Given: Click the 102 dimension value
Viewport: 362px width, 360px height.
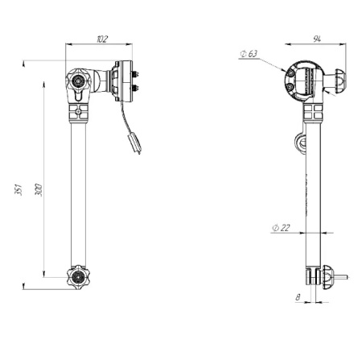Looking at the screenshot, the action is tap(102, 39).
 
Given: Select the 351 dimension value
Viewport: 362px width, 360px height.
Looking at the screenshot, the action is tap(19, 189).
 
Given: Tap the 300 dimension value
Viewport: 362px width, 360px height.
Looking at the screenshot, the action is tap(39, 190).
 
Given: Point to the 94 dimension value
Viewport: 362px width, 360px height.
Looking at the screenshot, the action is tap(317, 39).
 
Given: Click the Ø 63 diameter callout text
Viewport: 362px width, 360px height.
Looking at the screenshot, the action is tap(249, 54).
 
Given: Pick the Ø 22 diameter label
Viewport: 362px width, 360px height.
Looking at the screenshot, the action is tap(281, 228).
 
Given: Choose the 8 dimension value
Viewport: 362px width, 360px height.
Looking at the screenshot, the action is tap(298, 297).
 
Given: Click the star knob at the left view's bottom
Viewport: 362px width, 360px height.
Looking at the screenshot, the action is tap(78, 277).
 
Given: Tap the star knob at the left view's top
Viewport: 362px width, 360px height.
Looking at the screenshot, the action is tap(78, 80).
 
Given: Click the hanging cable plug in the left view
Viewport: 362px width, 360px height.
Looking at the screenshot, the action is tap(134, 143).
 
